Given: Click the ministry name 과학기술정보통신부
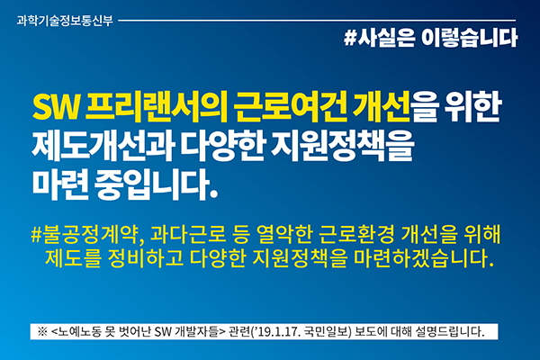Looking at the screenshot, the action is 65,21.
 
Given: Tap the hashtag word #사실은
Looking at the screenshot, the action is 380,38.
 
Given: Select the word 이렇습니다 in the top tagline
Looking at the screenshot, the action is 470,38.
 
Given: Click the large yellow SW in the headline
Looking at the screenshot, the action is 56,107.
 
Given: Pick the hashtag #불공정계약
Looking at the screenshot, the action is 85,234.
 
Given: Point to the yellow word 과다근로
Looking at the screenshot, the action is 188,234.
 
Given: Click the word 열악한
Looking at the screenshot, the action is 284,234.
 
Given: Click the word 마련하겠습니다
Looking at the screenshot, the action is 423,258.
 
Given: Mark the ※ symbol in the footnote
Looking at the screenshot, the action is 42,331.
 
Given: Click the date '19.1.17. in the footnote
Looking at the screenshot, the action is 276,331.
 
